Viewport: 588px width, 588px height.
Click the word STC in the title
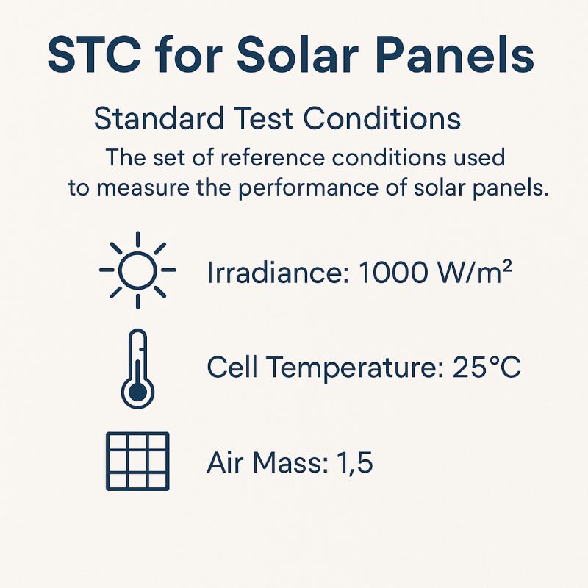point(95,55)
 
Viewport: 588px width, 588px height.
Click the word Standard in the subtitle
point(159,118)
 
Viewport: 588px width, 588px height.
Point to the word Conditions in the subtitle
point(381,118)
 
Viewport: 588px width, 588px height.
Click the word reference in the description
point(272,157)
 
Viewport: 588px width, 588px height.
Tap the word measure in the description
point(143,188)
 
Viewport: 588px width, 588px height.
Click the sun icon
point(137,270)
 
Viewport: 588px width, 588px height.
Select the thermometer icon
point(137,369)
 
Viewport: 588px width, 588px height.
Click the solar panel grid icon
point(137,462)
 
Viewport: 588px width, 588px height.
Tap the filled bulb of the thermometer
point(137,392)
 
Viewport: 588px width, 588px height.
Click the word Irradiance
point(278,272)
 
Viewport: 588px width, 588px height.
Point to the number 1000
point(392,272)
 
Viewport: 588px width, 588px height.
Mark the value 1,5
point(355,463)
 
